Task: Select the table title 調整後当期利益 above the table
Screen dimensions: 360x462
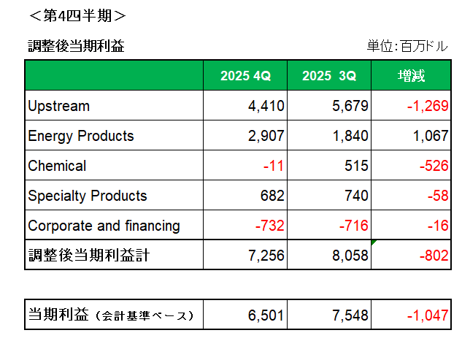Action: pos(76,47)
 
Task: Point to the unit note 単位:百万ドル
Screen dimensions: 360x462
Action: pos(407,47)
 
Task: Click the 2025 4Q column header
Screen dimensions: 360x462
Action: pos(245,76)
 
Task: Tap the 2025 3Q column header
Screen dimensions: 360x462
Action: pos(329,76)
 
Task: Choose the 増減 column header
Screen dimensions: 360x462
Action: pos(411,76)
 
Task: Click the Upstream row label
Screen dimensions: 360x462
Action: pos(58,106)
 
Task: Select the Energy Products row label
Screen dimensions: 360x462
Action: pos(81,136)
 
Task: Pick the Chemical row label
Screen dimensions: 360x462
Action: pos(57,166)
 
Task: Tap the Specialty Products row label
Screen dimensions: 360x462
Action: pos(88,196)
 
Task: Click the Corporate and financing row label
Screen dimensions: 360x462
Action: pos(104,226)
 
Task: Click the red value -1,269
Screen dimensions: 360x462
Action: pos(427,106)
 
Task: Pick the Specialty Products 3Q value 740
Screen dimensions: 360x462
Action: pos(356,196)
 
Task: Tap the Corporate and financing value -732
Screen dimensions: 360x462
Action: pos(269,226)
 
